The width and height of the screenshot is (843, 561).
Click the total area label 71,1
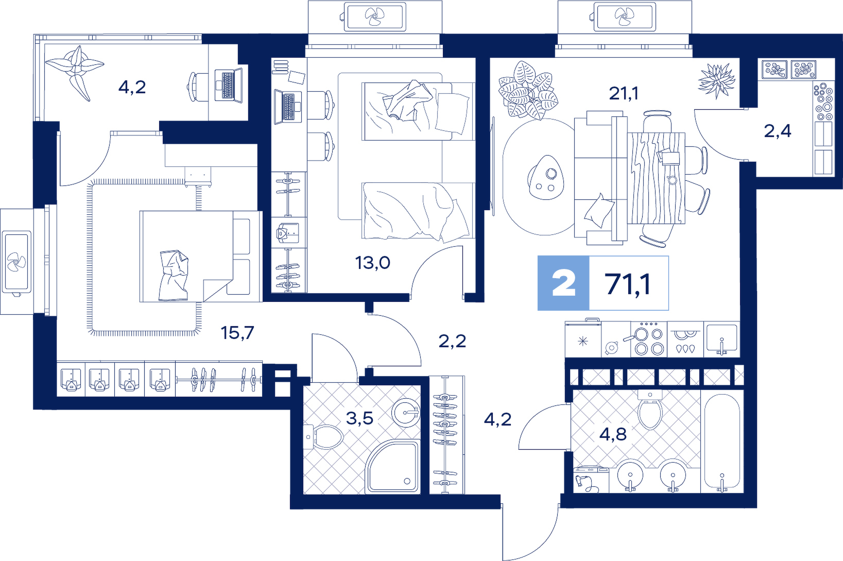pos(628,284)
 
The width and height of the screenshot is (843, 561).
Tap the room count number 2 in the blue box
pos(564,284)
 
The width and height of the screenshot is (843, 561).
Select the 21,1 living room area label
pos(624,93)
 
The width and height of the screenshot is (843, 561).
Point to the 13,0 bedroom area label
pos(372,262)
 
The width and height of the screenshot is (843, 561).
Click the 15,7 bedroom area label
pos(237,333)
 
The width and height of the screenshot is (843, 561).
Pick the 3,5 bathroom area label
pos(359,418)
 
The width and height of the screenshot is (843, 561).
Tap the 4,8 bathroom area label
pos(613,434)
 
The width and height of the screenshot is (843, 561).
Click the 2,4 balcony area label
pos(778,131)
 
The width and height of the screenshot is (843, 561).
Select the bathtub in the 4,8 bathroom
pos(722,441)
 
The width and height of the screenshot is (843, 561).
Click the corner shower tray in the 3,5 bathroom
pos(392,466)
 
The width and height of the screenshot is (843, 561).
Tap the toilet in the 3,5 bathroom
pos(323,437)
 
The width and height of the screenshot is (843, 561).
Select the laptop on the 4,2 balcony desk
pos(229,85)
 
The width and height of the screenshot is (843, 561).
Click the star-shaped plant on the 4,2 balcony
pos(75,71)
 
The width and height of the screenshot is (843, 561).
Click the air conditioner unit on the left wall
pos(16,262)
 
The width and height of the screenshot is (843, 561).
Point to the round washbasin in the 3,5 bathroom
pos(406,413)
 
